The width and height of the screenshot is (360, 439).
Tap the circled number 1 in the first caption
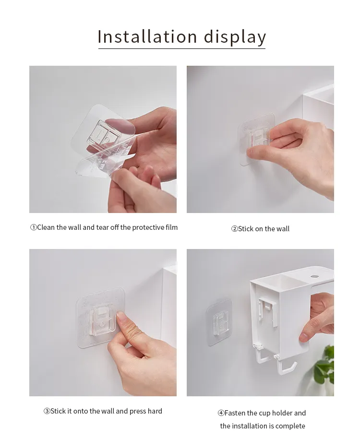coord(34,227)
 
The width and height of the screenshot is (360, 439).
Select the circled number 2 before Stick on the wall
coord(234,229)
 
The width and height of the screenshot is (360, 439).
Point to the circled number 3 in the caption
coord(47,411)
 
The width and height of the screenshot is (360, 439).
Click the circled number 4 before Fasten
coord(221,413)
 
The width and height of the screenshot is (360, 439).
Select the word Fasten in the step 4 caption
coord(235,413)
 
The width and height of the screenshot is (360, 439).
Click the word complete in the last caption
coord(290,426)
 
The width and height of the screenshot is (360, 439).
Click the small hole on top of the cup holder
coord(315,277)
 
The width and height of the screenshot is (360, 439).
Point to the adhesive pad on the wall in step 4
coord(219,321)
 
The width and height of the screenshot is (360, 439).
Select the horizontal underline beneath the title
coord(181,48)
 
